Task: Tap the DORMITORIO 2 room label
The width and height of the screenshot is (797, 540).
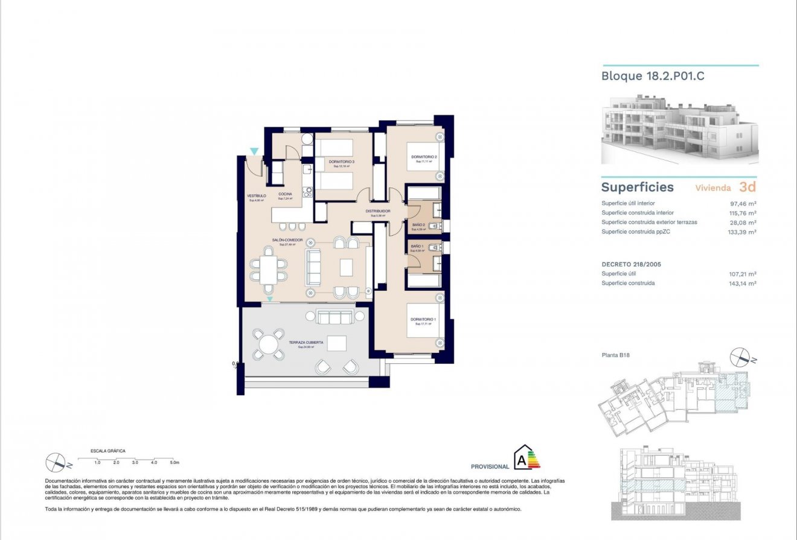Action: (x=424, y=157)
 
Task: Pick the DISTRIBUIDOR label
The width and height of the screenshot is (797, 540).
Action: (x=377, y=212)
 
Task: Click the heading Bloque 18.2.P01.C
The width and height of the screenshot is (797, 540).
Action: (x=653, y=77)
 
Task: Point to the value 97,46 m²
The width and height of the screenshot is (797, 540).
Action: (x=743, y=204)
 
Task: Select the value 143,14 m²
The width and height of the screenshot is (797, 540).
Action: (x=743, y=284)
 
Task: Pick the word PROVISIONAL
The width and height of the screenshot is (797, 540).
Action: (x=490, y=466)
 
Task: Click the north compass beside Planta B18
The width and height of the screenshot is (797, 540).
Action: (x=740, y=358)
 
